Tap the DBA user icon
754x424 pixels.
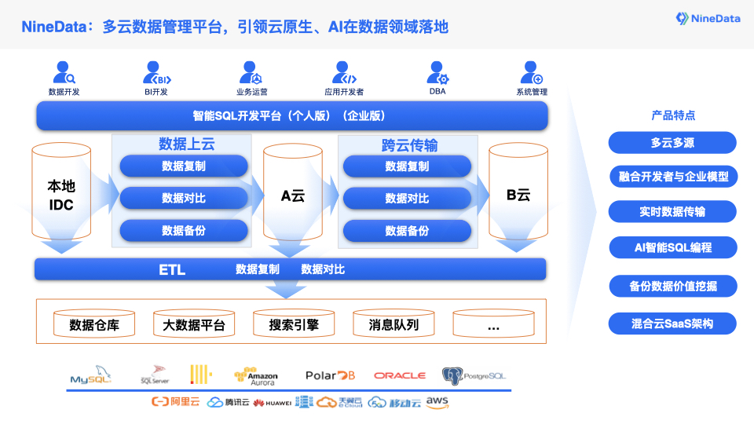coord(437,73)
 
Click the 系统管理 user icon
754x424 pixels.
coord(532,73)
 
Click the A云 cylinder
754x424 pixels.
coord(292,196)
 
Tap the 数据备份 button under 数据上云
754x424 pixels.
coord(184,231)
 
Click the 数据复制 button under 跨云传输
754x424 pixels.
coord(407,166)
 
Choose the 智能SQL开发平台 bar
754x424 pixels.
coord(291,116)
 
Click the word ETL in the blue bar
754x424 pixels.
coord(172,270)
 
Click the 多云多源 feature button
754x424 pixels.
coord(672,143)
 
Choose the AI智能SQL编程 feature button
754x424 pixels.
coord(672,247)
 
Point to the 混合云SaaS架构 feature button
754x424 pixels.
coord(672,323)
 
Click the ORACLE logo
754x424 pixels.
coord(400,376)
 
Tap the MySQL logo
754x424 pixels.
coord(91,376)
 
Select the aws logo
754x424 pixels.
coord(437,402)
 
